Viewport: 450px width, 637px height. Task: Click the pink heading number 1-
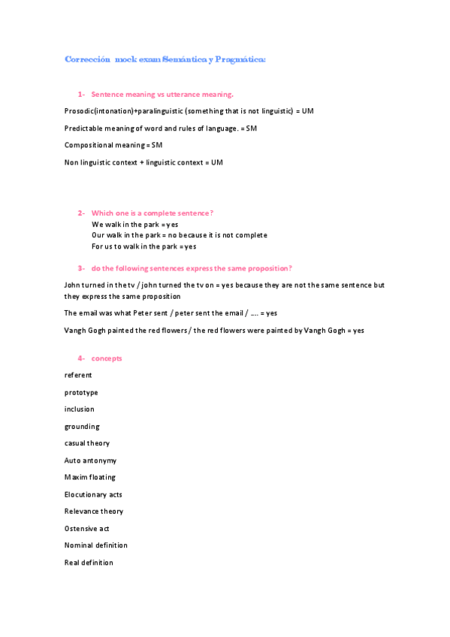point(81,95)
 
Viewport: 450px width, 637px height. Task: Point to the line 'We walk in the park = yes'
point(134,225)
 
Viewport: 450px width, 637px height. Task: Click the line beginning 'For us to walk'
point(143,246)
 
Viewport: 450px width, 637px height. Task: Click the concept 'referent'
point(78,376)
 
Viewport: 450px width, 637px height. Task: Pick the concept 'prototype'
point(81,393)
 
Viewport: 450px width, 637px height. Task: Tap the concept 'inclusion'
point(80,409)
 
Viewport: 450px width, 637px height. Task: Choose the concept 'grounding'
point(82,427)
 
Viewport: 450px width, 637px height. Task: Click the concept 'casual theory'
point(87,443)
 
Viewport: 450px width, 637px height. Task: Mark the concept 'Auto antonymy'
point(90,460)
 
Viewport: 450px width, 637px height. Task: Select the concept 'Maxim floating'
point(90,477)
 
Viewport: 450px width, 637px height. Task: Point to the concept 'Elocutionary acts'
point(93,494)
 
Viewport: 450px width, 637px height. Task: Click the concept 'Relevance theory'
point(94,512)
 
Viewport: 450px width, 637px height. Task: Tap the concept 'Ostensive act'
point(87,529)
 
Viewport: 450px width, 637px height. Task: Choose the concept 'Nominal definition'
point(96,545)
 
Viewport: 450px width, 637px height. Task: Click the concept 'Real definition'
point(89,563)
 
